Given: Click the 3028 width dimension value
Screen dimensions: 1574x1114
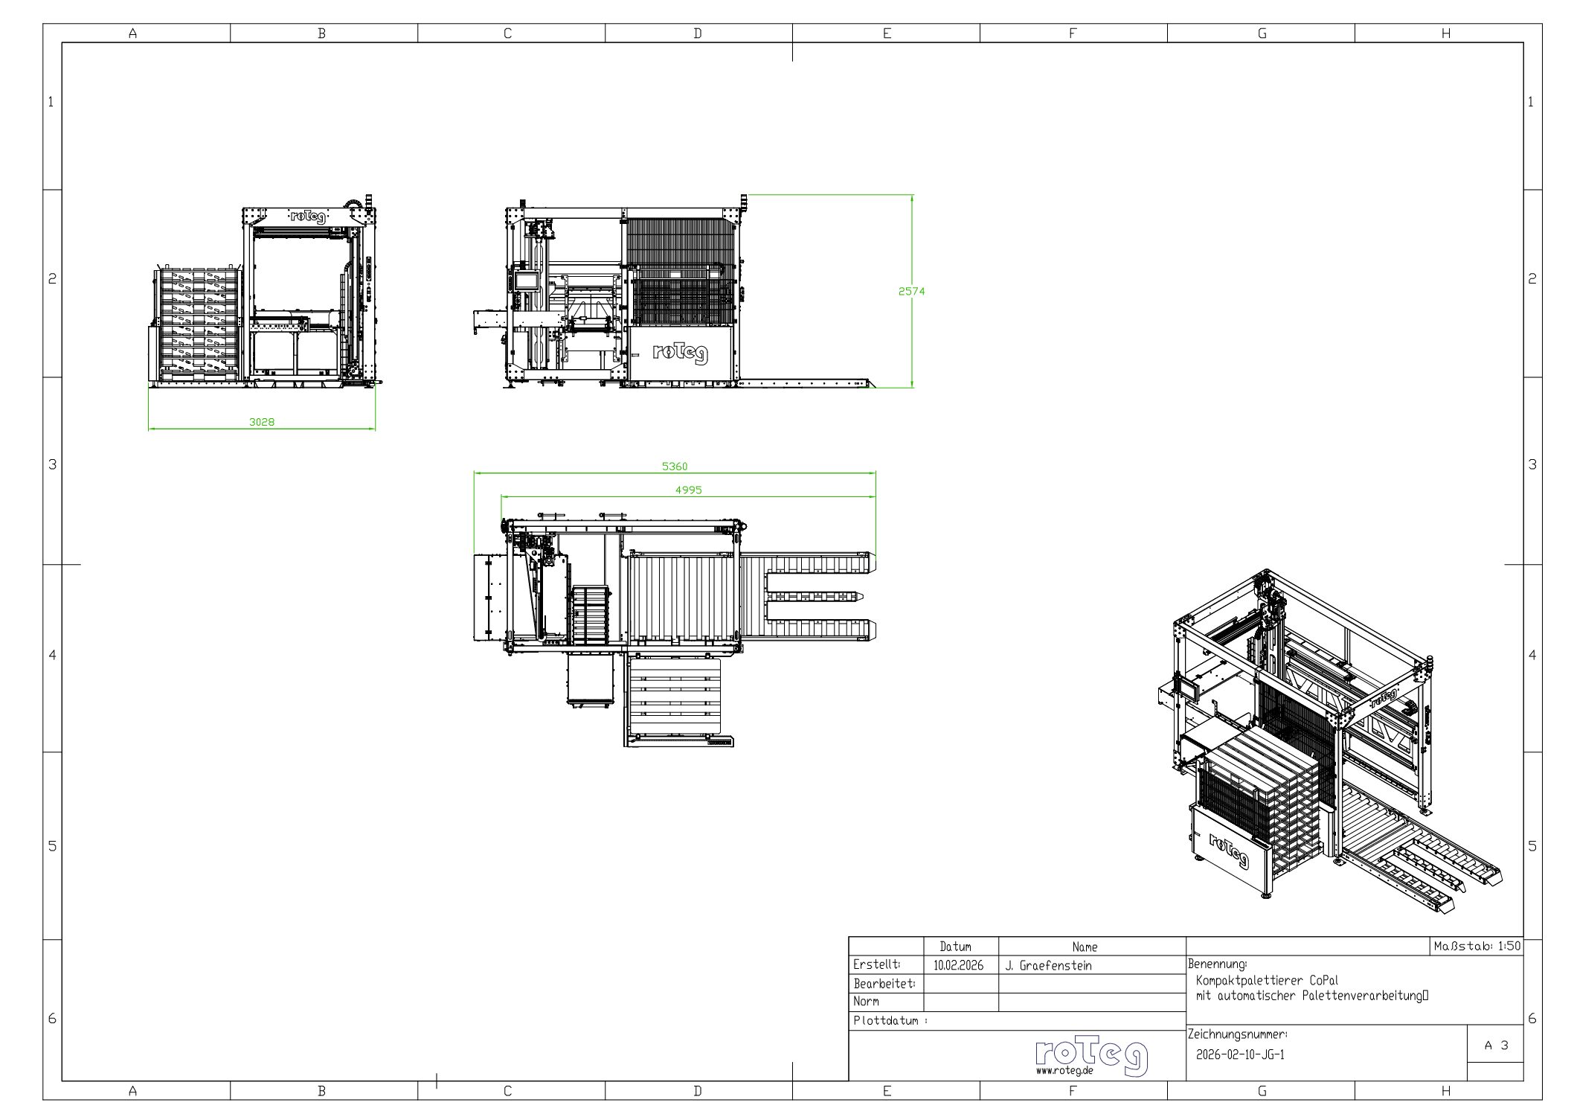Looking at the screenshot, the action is point(261,422).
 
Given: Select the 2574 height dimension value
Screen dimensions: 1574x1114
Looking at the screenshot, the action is point(911,292).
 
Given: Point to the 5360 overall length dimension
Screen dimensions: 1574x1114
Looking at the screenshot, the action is point(675,467).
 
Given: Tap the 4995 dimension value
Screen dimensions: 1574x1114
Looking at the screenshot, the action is point(688,490).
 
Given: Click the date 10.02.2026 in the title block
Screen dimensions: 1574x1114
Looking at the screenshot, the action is point(958,966).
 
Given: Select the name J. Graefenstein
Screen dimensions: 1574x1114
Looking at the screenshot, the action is point(1048,966).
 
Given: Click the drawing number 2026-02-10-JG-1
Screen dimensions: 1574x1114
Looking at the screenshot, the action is point(1240,1054).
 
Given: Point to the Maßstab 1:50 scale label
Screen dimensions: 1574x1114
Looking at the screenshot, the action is point(1477,947).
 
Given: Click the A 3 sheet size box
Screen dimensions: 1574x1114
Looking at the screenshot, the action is point(1495,1046).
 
